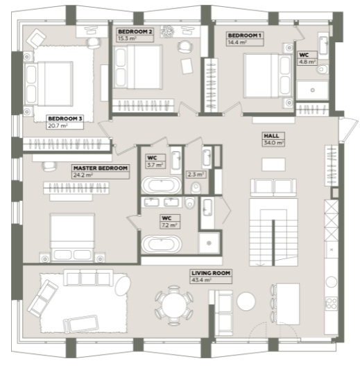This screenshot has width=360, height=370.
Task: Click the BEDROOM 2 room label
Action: point(135,32)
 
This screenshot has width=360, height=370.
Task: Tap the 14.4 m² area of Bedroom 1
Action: point(237,42)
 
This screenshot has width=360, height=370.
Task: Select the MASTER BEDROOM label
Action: point(101,168)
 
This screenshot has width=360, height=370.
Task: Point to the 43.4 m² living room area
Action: point(201,280)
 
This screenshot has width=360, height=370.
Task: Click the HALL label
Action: point(271,136)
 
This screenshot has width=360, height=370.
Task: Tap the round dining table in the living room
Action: point(174,305)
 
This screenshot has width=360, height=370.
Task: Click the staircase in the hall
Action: point(273,232)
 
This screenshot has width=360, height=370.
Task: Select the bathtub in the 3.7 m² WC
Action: point(162,185)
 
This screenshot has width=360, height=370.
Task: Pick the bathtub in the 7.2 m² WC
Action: point(162,244)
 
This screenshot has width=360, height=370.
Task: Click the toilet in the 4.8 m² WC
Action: point(323,69)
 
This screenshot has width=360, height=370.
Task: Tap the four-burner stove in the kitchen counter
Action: point(332,303)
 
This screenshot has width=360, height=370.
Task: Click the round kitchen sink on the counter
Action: point(331,282)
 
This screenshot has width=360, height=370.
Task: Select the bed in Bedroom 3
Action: point(48,84)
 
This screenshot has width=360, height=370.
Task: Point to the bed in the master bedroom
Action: point(72,237)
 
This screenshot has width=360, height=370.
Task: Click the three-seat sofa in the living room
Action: point(88,278)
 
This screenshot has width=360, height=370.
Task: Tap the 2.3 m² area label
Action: point(196,175)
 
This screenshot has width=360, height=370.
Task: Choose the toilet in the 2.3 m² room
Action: point(196,188)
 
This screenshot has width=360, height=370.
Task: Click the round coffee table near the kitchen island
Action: point(246,301)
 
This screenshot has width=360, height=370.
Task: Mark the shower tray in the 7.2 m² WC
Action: point(209,243)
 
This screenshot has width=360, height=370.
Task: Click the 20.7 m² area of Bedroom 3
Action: point(58,126)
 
